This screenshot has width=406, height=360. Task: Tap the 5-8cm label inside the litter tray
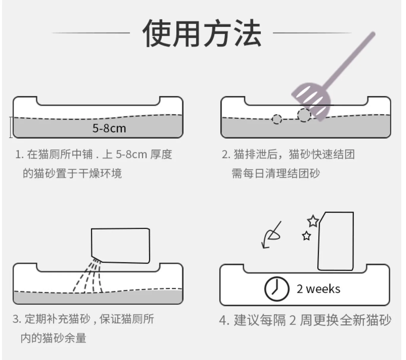(109, 128)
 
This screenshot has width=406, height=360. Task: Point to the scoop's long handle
(351, 59)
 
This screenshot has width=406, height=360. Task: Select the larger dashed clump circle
(304, 115)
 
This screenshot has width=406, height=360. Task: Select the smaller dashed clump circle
(277, 119)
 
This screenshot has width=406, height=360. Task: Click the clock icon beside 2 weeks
(276, 289)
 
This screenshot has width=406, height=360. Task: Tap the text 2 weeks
(318, 289)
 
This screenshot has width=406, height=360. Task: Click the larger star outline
(313, 221)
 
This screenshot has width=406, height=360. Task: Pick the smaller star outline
(306, 236)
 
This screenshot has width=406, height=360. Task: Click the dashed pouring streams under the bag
(89, 276)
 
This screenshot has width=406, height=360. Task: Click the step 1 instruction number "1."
(19, 154)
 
